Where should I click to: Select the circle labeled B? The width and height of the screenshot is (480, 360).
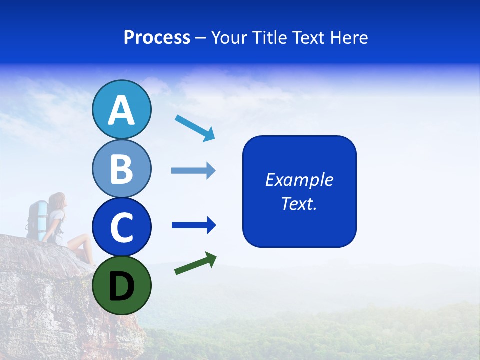tap(121, 168)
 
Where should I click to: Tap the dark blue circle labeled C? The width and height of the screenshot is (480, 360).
tap(121, 227)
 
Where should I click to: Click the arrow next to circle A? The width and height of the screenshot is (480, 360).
tap(195, 128)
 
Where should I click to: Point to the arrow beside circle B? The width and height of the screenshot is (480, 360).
tap(193, 171)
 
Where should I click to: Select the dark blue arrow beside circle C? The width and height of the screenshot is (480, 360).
tap(194, 226)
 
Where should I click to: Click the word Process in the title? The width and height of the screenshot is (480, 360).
tap(157, 38)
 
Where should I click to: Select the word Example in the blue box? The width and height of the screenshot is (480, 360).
tap(299, 180)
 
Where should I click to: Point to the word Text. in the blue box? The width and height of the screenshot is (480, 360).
tap(299, 203)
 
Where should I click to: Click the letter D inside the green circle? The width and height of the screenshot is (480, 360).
tap(121, 286)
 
